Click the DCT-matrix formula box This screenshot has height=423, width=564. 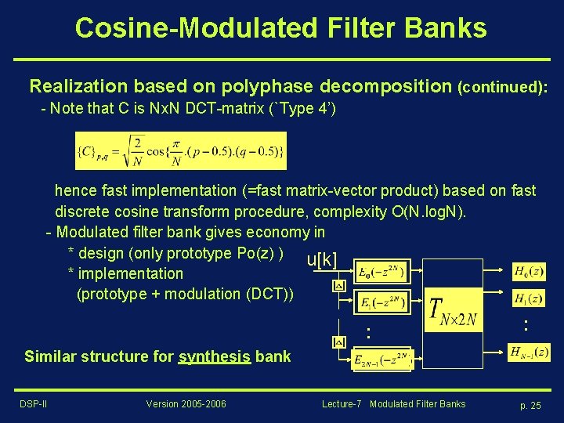[x=180, y=150]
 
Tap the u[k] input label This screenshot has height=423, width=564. [x=322, y=259]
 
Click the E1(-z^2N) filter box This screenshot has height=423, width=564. [x=381, y=301]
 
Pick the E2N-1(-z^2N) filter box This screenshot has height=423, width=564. [x=381, y=360]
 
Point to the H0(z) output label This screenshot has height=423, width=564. [x=529, y=271]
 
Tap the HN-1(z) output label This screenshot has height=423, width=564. [x=528, y=353]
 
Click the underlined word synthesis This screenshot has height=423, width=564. [x=214, y=356]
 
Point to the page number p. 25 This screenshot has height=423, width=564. [x=530, y=405]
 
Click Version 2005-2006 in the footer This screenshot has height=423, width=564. [x=186, y=404]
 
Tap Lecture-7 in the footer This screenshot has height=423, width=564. [x=342, y=404]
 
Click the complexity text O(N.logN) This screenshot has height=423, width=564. [x=427, y=211]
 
